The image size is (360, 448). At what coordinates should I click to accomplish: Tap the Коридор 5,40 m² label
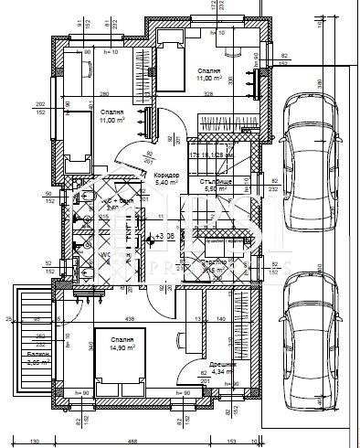[x=166, y=178]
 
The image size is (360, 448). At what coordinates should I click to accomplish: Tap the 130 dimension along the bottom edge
[x=34, y=443]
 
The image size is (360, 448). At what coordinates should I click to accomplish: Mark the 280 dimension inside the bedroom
[x=104, y=94]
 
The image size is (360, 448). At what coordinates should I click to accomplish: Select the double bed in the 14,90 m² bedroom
[x=118, y=361]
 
